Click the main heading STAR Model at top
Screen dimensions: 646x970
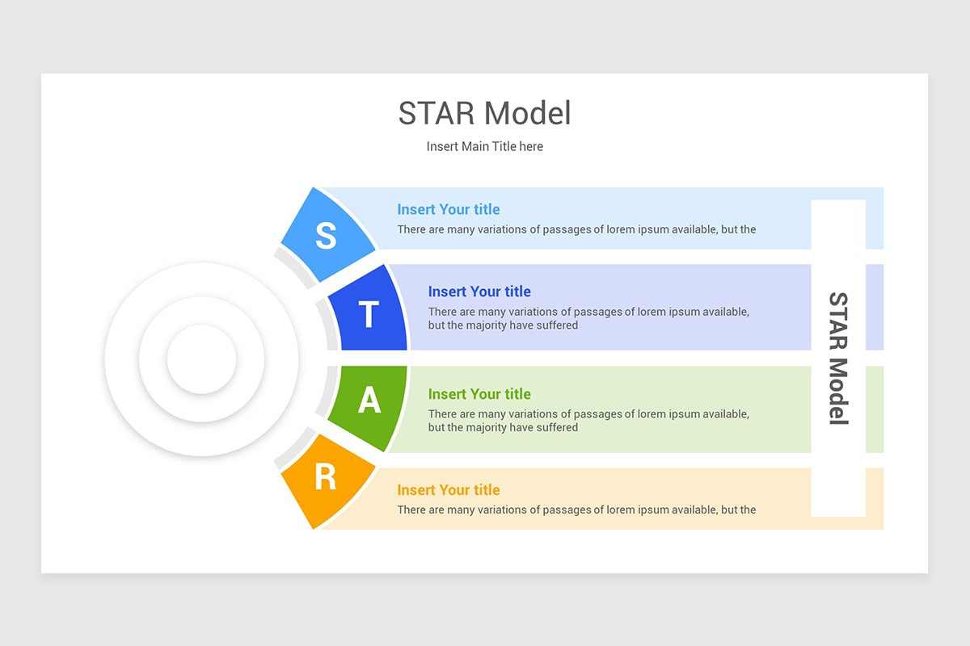click(x=484, y=114)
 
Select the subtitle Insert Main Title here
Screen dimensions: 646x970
click(x=484, y=146)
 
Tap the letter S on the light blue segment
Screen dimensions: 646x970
click(x=326, y=236)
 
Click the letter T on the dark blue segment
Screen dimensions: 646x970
click(x=369, y=315)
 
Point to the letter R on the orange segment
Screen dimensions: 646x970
click(x=325, y=478)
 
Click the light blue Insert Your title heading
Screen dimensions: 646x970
click(x=448, y=209)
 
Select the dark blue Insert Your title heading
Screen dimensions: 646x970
click(x=479, y=292)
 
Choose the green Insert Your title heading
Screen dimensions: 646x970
click(x=479, y=394)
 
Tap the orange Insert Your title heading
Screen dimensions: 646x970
click(x=448, y=490)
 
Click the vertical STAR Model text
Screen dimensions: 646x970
click(x=838, y=358)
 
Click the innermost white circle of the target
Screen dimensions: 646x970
click(x=201, y=359)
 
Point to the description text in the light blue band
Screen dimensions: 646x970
click(x=576, y=229)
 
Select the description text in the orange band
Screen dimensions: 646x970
click(x=576, y=510)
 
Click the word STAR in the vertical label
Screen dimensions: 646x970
click(x=838, y=321)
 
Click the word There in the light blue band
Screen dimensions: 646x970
click(x=412, y=229)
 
